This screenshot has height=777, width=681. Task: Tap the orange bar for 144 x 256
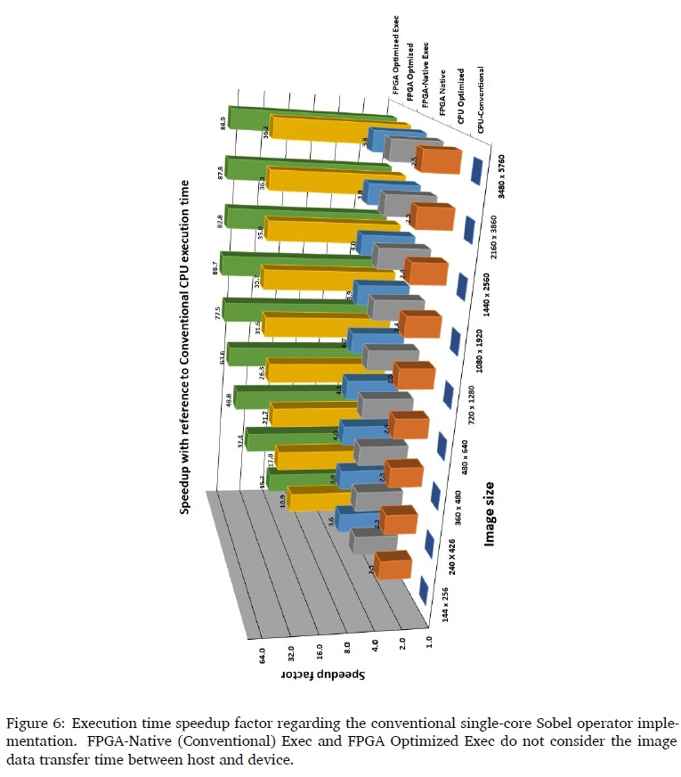[393, 565]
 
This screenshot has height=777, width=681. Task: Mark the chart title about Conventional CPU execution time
[185, 346]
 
